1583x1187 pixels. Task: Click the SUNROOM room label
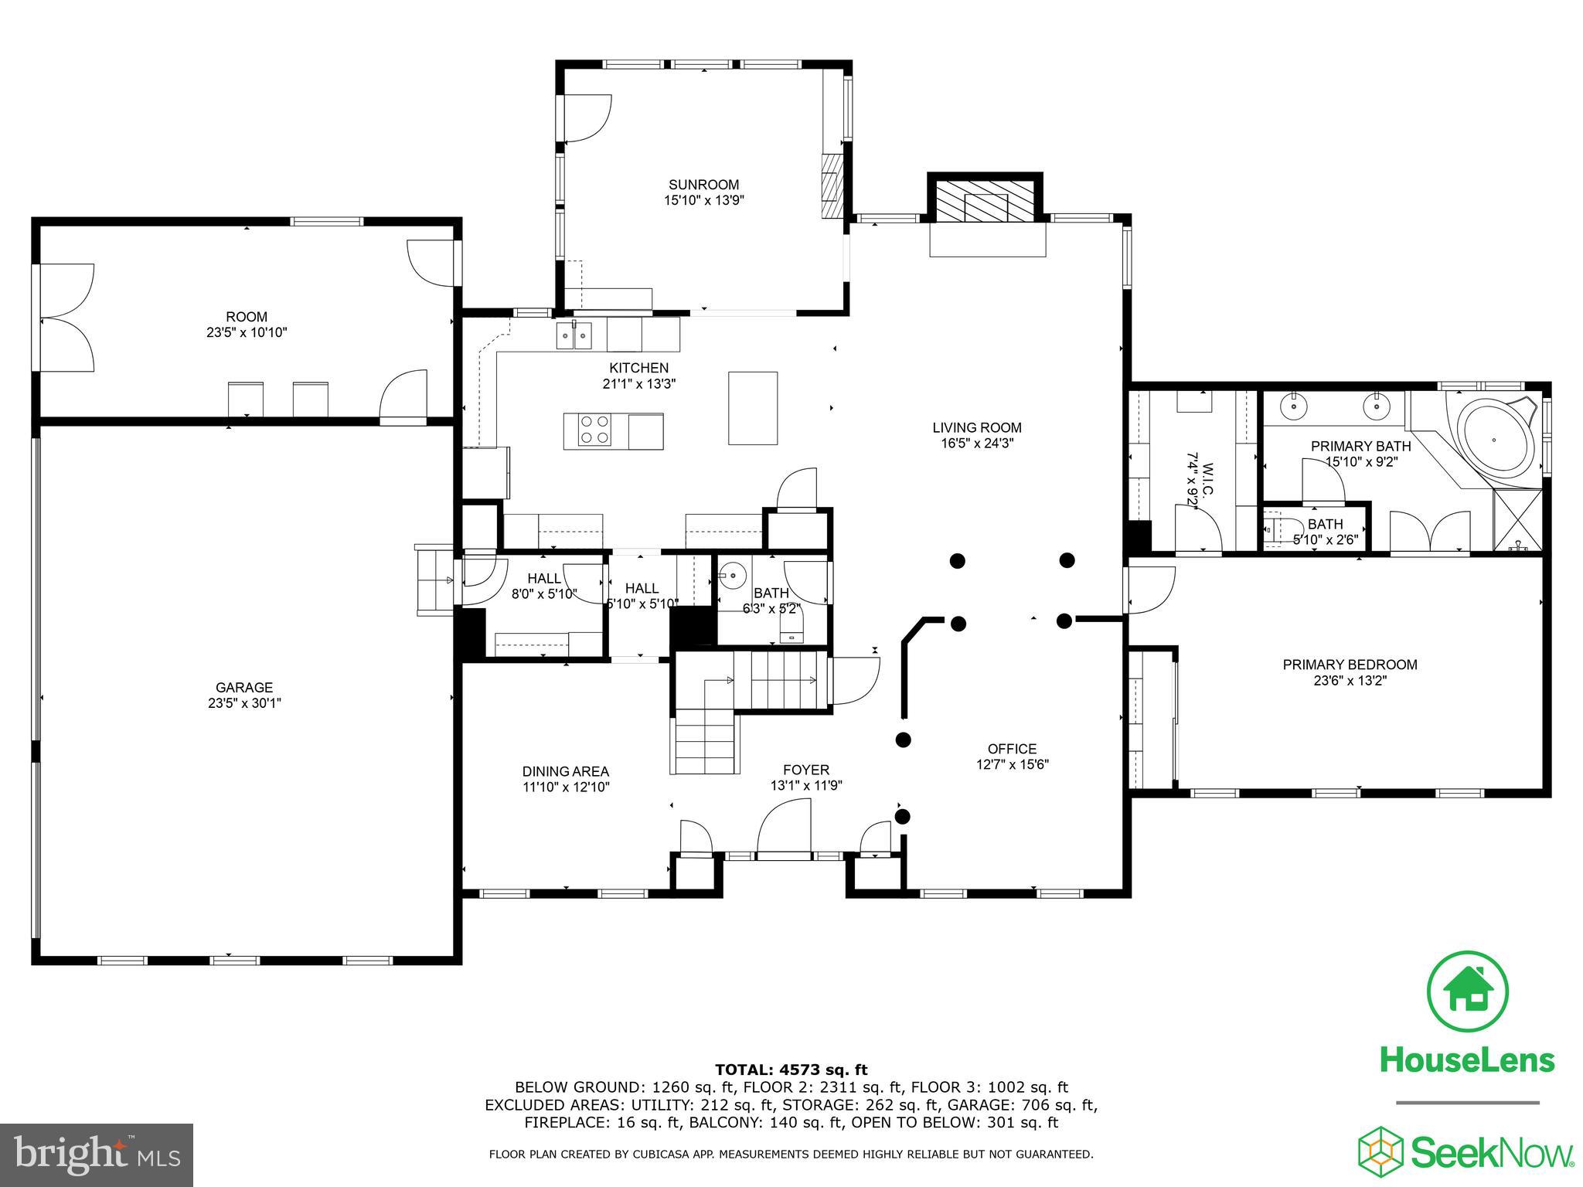pyautogui.click(x=703, y=185)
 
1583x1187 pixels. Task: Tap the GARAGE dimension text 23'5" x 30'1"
pyautogui.click(x=244, y=703)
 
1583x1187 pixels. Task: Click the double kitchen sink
pyautogui.click(x=574, y=336)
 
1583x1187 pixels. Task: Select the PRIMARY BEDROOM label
pyautogui.click(x=1350, y=665)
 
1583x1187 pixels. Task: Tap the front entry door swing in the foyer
pyautogui.click(x=785, y=827)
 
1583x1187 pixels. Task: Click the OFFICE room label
pyautogui.click(x=1012, y=749)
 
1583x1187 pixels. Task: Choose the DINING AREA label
pyautogui.click(x=565, y=771)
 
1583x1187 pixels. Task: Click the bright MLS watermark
pyautogui.click(x=96, y=1155)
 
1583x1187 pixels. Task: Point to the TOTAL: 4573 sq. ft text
pyautogui.click(x=791, y=1070)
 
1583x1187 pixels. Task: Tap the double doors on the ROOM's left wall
pyautogui.click(x=66, y=317)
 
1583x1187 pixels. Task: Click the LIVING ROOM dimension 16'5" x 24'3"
pyautogui.click(x=977, y=444)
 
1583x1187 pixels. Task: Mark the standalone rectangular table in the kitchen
pyautogui.click(x=753, y=408)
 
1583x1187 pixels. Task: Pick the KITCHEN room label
pyautogui.click(x=638, y=368)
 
